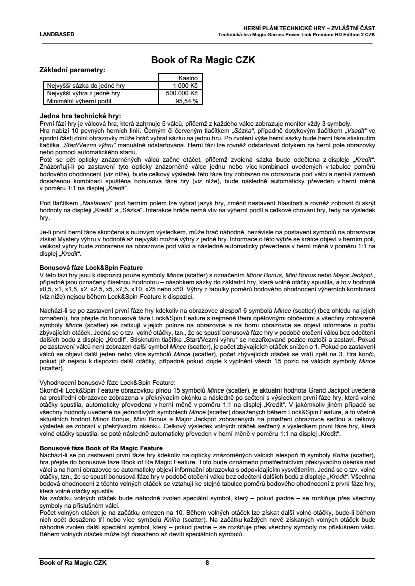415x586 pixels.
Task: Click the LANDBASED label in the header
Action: coord(57,34)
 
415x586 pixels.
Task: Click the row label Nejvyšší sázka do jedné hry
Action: coord(83,86)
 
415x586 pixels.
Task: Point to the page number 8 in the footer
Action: coord(207,563)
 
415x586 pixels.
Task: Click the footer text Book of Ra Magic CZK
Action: coord(73,563)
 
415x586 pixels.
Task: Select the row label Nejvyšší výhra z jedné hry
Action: coord(83,93)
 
